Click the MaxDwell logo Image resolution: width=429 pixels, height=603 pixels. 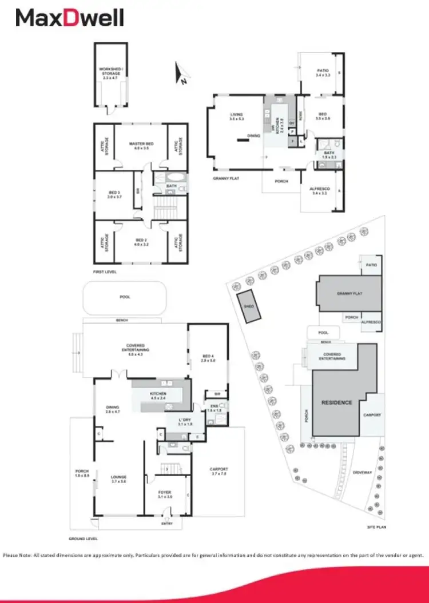click(70, 18)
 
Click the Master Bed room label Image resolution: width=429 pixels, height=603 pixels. click(141, 146)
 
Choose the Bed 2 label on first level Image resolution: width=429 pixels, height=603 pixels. click(141, 242)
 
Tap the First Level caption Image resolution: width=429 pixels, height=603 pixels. click(105, 272)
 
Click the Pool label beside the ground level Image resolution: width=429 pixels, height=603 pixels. click(125, 297)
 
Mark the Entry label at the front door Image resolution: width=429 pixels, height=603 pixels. click(166, 523)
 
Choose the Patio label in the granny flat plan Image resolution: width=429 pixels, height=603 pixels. click(323, 72)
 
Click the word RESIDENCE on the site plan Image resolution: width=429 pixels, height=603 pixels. click(336, 402)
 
